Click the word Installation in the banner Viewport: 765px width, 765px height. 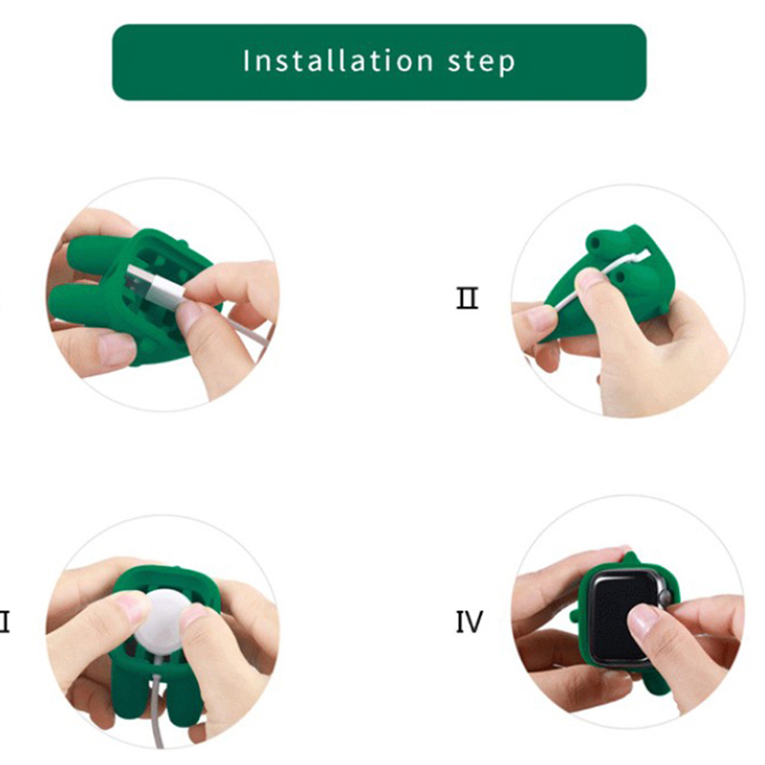[x=339, y=61]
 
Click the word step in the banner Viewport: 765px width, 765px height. [x=481, y=62]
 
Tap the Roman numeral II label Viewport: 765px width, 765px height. [x=468, y=298]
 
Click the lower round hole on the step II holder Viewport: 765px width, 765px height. [x=620, y=277]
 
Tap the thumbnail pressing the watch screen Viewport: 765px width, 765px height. [x=642, y=619]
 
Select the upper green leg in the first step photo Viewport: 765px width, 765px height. [x=93, y=254]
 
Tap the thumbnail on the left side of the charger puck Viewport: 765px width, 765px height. [x=131, y=606]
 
